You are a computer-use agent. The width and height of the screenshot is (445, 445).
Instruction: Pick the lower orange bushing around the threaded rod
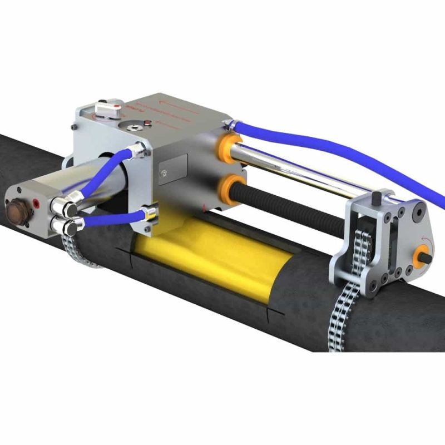(x=235, y=185)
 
